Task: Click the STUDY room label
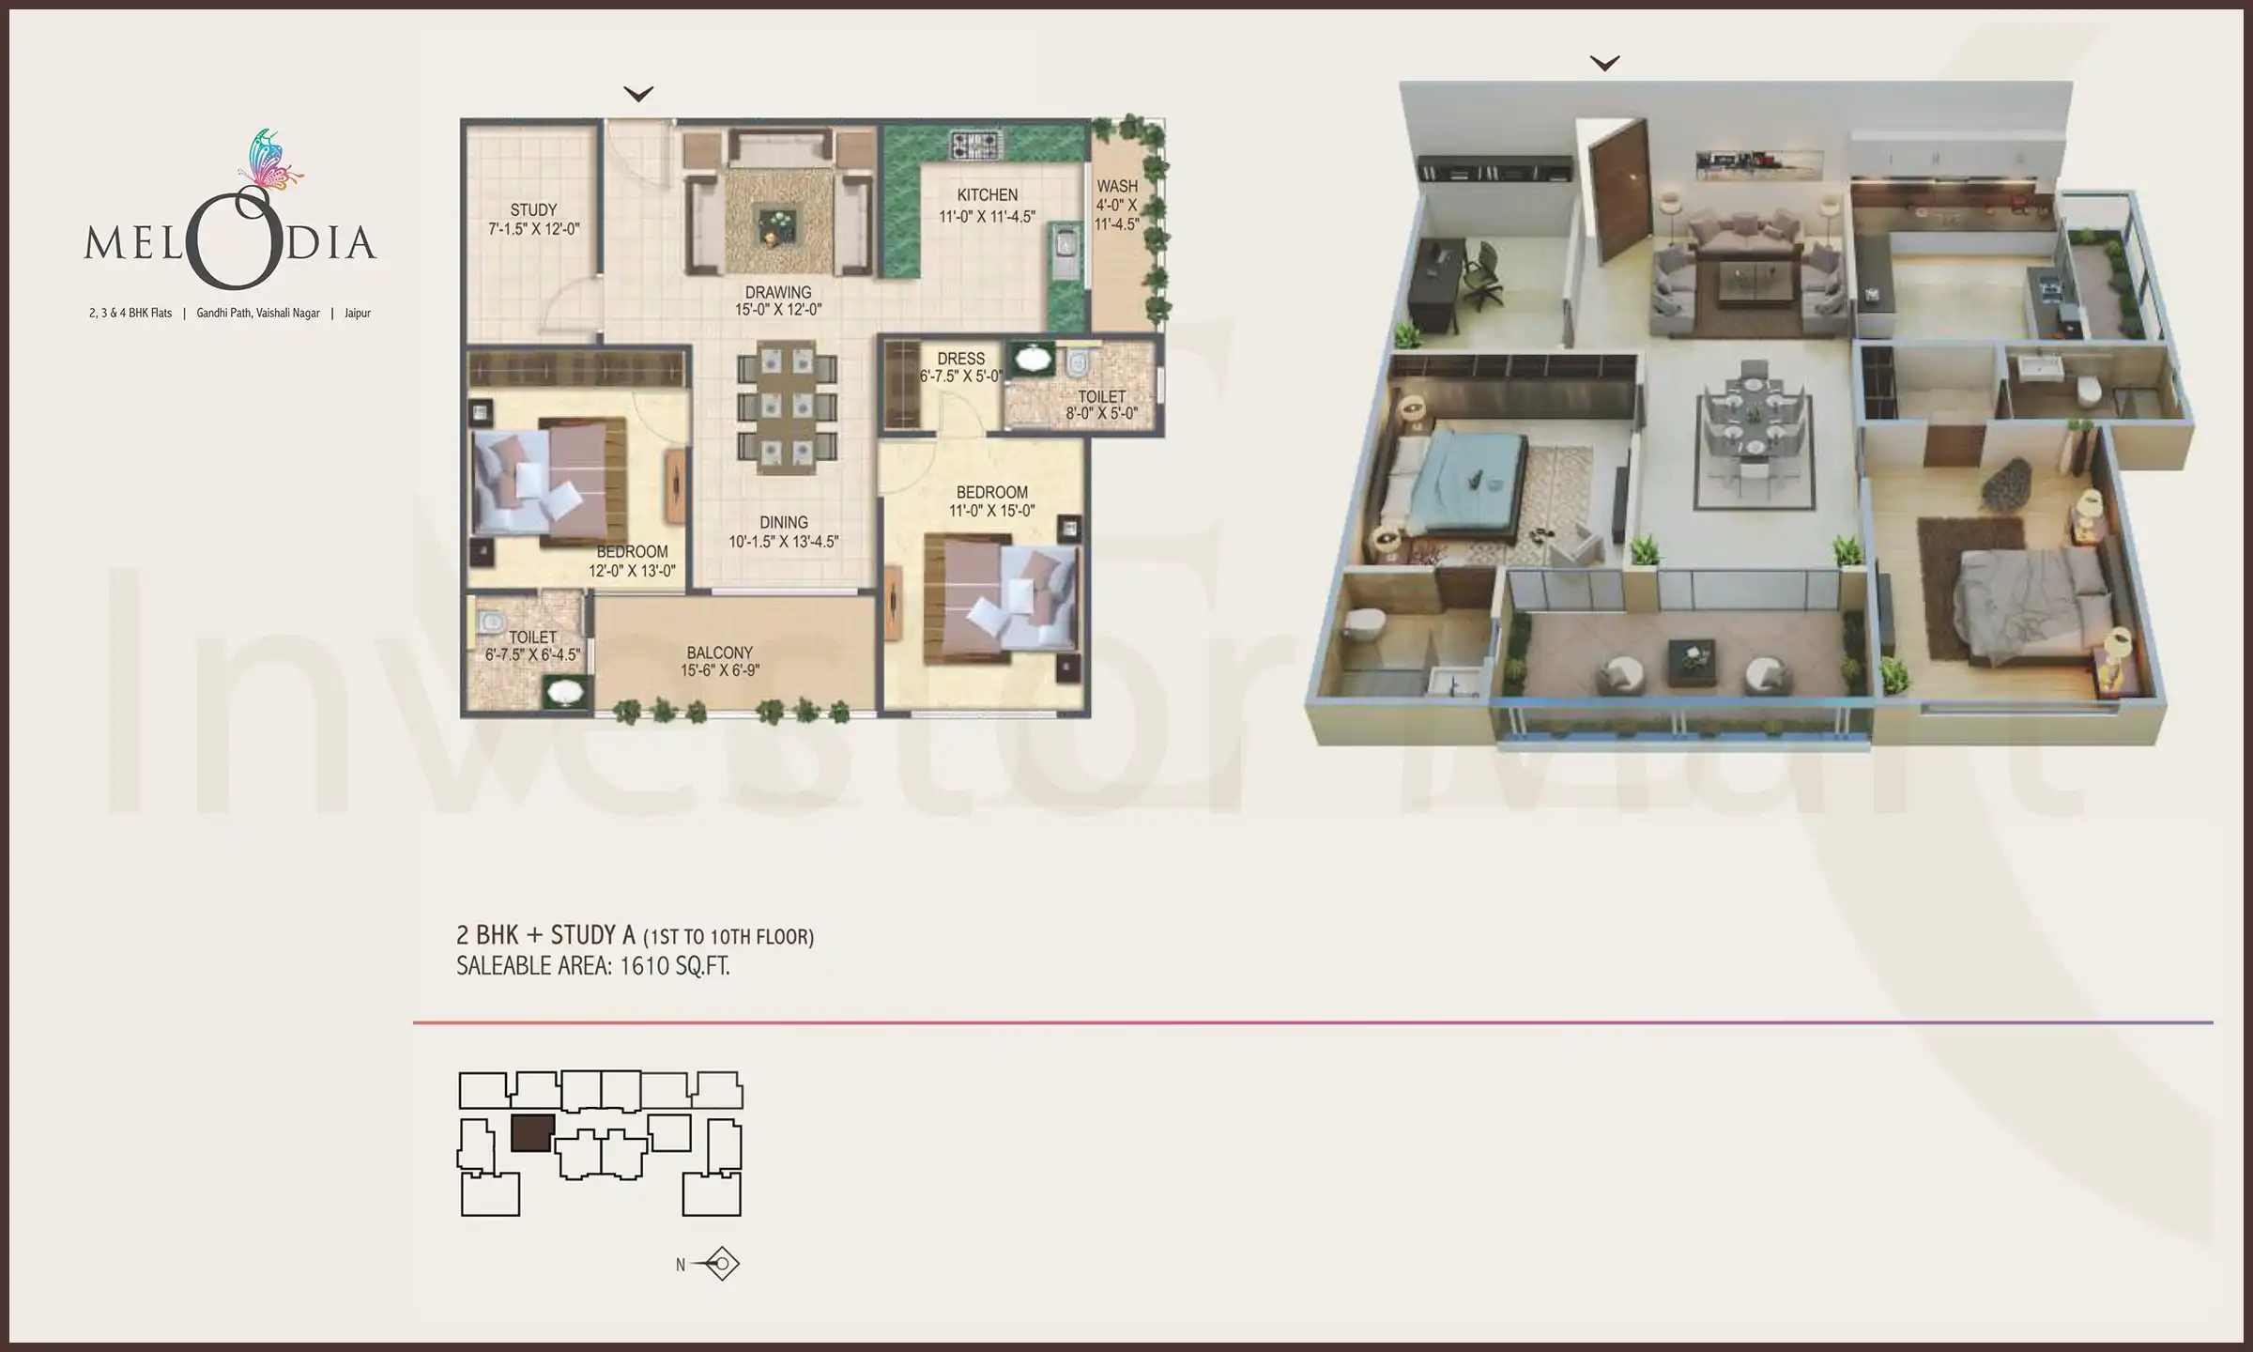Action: coord(533,209)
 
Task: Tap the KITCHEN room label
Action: coord(987,195)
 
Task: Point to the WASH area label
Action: coord(1116,187)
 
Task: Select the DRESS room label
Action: coord(960,359)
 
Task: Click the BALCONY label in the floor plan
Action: coord(719,653)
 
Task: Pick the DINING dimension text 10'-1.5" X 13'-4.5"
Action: coord(783,542)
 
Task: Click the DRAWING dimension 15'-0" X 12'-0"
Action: coord(778,310)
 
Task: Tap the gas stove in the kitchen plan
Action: coord(977,145)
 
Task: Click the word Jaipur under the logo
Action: coord(358,314)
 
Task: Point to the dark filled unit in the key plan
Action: coord(532,1133)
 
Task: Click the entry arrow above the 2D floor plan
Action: coord(638,94)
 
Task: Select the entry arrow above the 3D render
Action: coord(1605,64)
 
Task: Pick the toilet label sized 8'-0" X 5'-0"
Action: coord(1101,405)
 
